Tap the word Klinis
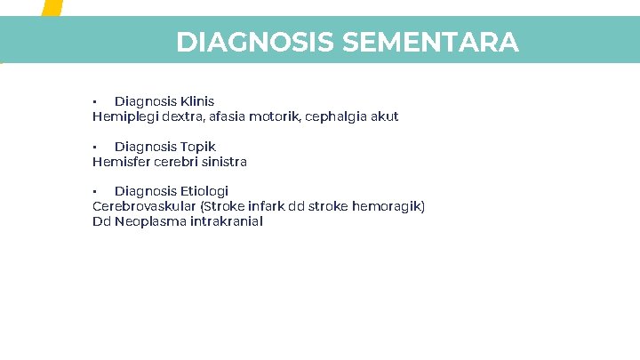tap(197, 101)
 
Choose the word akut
tap(386, 116)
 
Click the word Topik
tap(198, 147)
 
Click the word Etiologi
tap(204, 191)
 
